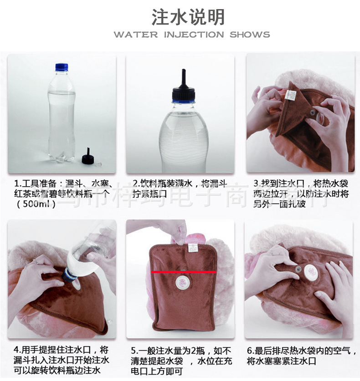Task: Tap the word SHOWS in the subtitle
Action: pyautogui.click(x=250, y=35)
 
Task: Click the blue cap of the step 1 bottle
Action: pyautogui.click(x=62, y=67)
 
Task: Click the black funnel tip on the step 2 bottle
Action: pyautogui.click(x=184, y=77)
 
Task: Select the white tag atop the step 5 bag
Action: pyautogui.click(x=192, y=248)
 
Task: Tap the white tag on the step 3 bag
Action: pyautogui.click(x=290, y=94)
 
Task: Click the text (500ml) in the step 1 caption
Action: pyautogui.click(x=36, y=204)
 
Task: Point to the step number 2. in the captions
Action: pyautogui.click(x=135, y=184)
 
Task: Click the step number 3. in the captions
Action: pyautogui.click(x=257, y=184)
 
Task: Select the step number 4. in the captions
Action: pyautogui.click(x=17, y=351)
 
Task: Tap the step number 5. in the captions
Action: pyautogui.click(x=134, y=351)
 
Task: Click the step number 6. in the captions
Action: pyautogui.click(x=250, y=351)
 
